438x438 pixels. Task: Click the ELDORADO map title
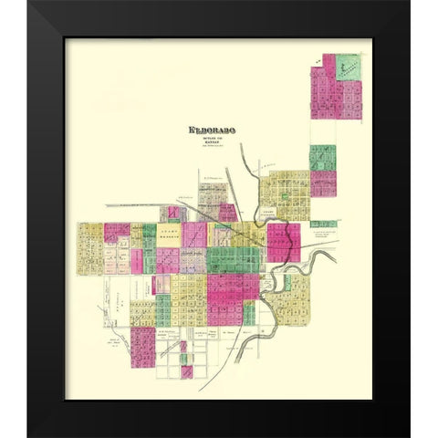(x=211, y=130)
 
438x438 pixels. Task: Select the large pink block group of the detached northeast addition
(x=326, y=91)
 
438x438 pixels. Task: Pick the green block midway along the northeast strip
(x=322, y=157)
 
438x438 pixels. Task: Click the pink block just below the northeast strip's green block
(x=322, y=183)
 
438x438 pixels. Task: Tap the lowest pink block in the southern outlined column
(x=186, y=371)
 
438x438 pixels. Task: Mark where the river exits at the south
(x=238, y=359)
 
